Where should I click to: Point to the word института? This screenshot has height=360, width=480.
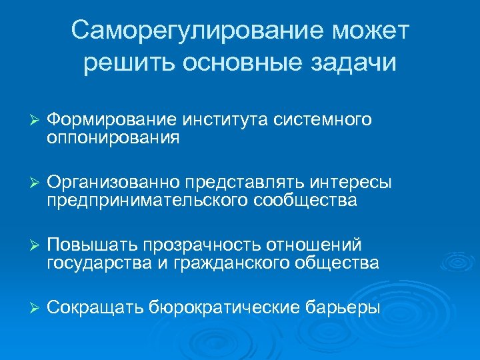[225, 120]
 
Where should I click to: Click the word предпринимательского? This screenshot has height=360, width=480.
[147, 201]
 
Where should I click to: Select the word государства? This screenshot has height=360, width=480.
[97, 264]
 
